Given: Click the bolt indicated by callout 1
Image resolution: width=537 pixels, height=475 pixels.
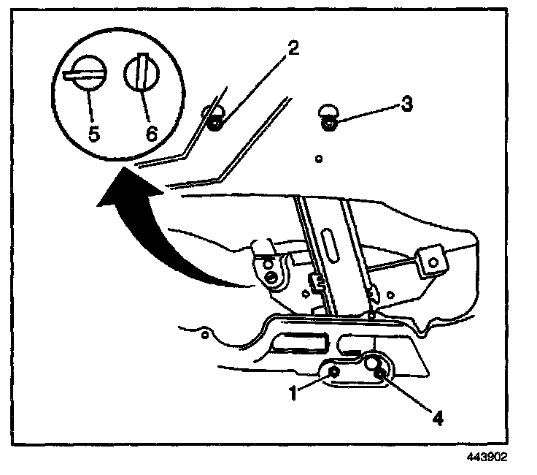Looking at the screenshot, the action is click(334, 374).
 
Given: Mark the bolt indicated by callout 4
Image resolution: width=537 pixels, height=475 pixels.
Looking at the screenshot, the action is click(380, 376).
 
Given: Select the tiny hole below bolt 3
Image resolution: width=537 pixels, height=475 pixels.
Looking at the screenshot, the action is click(319, 157).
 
